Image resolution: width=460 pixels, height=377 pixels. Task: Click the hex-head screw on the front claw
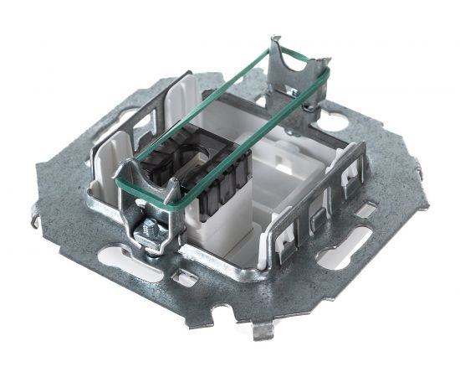(x=148, y=229)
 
